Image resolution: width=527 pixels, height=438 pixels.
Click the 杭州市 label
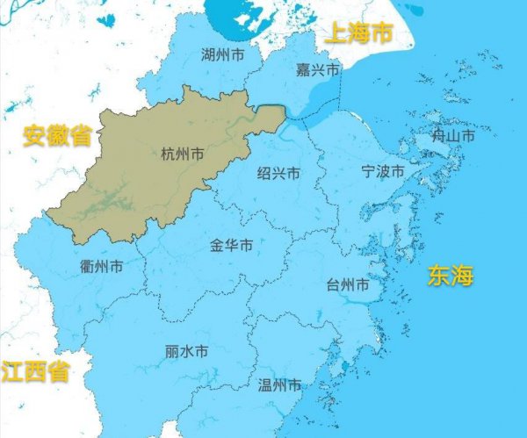pos(183,154)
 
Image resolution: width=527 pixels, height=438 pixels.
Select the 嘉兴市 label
pos(316,69)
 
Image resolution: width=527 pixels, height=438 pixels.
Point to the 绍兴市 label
pos(278,174)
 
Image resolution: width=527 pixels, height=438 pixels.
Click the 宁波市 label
pos(383,171)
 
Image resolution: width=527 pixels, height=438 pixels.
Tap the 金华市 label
pos(232,245)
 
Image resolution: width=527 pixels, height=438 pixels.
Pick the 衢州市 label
pos(101,266)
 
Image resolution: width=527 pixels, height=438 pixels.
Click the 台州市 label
pos(348,286)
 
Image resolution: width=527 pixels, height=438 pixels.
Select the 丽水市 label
pos(186,351)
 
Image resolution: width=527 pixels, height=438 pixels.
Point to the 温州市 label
pos(280,384)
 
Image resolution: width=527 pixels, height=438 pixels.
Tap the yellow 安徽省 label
pos(57,136)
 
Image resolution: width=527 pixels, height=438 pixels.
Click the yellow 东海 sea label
pos(451,276)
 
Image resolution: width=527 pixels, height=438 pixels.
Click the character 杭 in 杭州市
pos(169,154)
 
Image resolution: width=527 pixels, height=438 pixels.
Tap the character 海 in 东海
pos(463,276)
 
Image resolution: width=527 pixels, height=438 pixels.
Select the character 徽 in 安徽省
pos(57,136)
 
